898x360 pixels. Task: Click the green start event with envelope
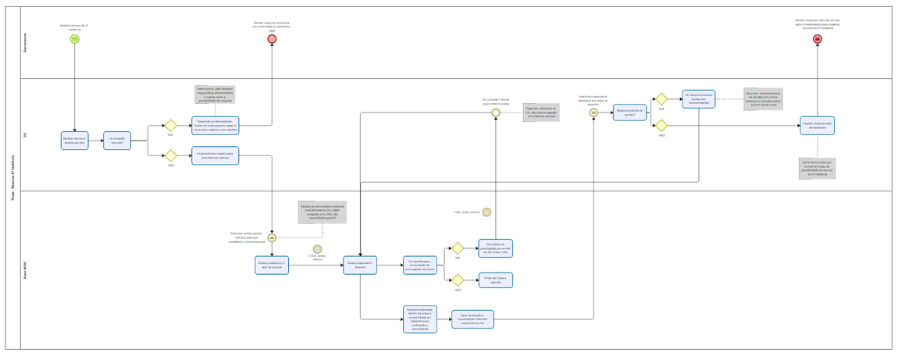click(x=74, y=39)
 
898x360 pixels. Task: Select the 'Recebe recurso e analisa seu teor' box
click(x=75, y=141)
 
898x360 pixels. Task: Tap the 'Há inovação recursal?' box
click(x=116, y=141)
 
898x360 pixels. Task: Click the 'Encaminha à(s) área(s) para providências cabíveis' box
click(x=216, y=155)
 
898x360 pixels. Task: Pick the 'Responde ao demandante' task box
click(x=216, y=126)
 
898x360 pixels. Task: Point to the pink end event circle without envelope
click(x=272, y=39)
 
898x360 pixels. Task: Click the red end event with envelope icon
click(x=818, y=39)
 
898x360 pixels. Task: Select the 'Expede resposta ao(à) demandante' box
click(x=817, y=126)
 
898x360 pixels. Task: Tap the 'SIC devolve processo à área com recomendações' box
click(x=698, y=99)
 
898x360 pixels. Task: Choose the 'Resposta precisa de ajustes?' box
click(x=629, y=112)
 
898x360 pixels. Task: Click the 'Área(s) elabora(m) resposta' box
click(x=360, y=266)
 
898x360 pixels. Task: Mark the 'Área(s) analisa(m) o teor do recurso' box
click(x=272, y=266)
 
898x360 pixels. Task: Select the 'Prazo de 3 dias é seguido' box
click(x=496, y=280)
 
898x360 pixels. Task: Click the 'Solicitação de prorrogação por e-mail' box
click(x=496, y=248)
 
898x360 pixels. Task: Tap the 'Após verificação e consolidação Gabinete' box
click(x=472, y=319)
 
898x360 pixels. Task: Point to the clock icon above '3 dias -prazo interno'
click(x=317, y=249)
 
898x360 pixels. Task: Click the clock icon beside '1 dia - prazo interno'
click(x=486, y=212)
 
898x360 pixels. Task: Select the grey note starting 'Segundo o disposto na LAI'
click(x=540, y=112)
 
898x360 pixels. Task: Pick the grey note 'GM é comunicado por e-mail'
click(x=817, y=169)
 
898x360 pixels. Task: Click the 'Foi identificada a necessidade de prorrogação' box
click(x=420, y=266)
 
